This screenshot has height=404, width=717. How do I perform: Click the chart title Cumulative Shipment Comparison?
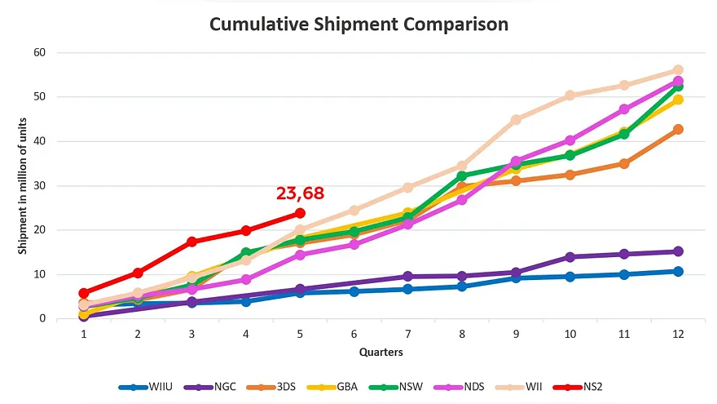[359, 24]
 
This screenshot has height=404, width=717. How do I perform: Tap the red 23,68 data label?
[300, 193]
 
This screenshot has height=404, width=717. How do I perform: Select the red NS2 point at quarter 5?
[300, 214]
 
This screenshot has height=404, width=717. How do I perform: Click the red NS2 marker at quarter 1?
[84, 293]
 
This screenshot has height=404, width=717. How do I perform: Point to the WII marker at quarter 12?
[678, 70]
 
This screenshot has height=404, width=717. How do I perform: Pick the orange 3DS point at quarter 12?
[678, 129]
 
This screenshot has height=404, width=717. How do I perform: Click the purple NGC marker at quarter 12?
[678, 251]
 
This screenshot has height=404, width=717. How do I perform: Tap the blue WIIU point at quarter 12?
[678, 272]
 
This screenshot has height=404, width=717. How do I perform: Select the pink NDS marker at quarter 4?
[246, 279]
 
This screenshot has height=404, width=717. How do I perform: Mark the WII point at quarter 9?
[516, 119]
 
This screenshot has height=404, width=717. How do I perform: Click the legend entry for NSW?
[395, 387]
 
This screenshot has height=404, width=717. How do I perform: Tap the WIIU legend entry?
[145, 387]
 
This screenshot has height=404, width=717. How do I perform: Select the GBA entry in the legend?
[332, 387]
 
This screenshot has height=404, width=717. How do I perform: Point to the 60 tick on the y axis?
[40, 53]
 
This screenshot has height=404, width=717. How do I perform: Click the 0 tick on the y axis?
[42, 318]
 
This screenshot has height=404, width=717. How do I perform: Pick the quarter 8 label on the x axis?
[462, 335]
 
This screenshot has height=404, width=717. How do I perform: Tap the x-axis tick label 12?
[678, 335]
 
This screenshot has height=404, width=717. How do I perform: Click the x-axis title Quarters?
[381, 353]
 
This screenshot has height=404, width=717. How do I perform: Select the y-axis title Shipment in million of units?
[23, 186]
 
